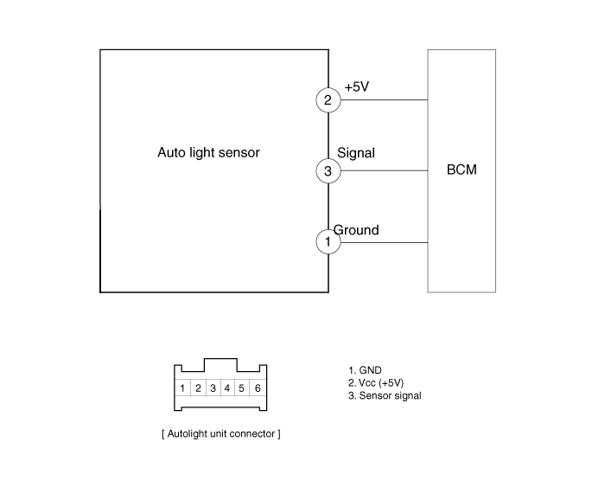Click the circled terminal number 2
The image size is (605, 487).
tap(328, 100)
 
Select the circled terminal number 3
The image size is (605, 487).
tap(328, 170)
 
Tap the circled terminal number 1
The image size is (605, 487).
tap(328, 242)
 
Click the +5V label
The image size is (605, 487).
tap(356, 87)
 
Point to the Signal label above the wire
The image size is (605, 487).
tap(356, 153)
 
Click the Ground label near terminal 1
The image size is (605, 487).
tap(356, 230)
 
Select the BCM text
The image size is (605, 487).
tap(462, 170)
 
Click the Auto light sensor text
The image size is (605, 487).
tap(208, 152)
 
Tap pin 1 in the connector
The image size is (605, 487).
tap(182, 388)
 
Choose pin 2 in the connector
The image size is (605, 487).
tap(198, 388)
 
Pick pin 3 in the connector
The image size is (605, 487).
tap(213, 388)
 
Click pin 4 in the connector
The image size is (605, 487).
tap(227, 388)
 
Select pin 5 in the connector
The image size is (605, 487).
tap(241, 388)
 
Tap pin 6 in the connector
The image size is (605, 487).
tap(258, 388)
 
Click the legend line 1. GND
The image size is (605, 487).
tap(365, 370)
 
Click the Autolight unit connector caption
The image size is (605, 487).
tap(221, 433)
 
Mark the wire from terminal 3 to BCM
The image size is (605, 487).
tap(384, 170)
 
